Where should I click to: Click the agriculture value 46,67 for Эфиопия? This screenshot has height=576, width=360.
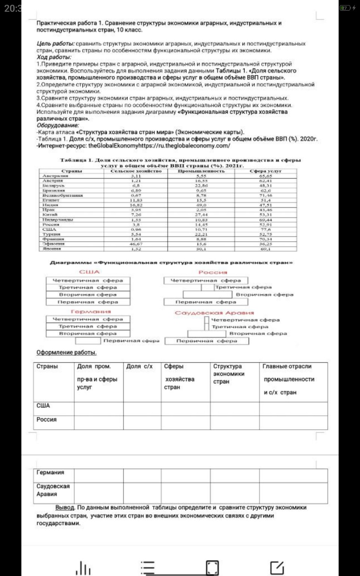coord(136,244)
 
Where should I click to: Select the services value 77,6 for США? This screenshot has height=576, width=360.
coord(265,229)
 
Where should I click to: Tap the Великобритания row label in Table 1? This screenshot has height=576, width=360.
coord(62,195)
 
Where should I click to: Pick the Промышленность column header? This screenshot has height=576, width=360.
coord(201,171)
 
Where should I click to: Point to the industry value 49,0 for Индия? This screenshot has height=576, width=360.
coord(201,205)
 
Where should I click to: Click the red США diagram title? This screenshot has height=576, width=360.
coord(89,272)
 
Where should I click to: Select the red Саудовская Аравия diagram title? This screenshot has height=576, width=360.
coord(214,313)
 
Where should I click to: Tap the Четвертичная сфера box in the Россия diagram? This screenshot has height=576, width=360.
coord(205,280)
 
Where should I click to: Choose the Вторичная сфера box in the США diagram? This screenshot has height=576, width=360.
coord(88,295)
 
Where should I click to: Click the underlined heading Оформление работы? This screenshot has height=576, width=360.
coord(66,352)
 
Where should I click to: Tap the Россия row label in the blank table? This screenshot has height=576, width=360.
coord(46,420)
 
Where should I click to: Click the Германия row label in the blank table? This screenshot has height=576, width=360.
coord(50,472)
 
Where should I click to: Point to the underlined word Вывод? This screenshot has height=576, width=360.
coord(65,507)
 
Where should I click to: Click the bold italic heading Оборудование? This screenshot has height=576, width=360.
coord(58,125)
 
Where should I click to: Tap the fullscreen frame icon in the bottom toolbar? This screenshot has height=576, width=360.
coord(212,567)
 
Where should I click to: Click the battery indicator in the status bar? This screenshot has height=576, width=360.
coord(345,8)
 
